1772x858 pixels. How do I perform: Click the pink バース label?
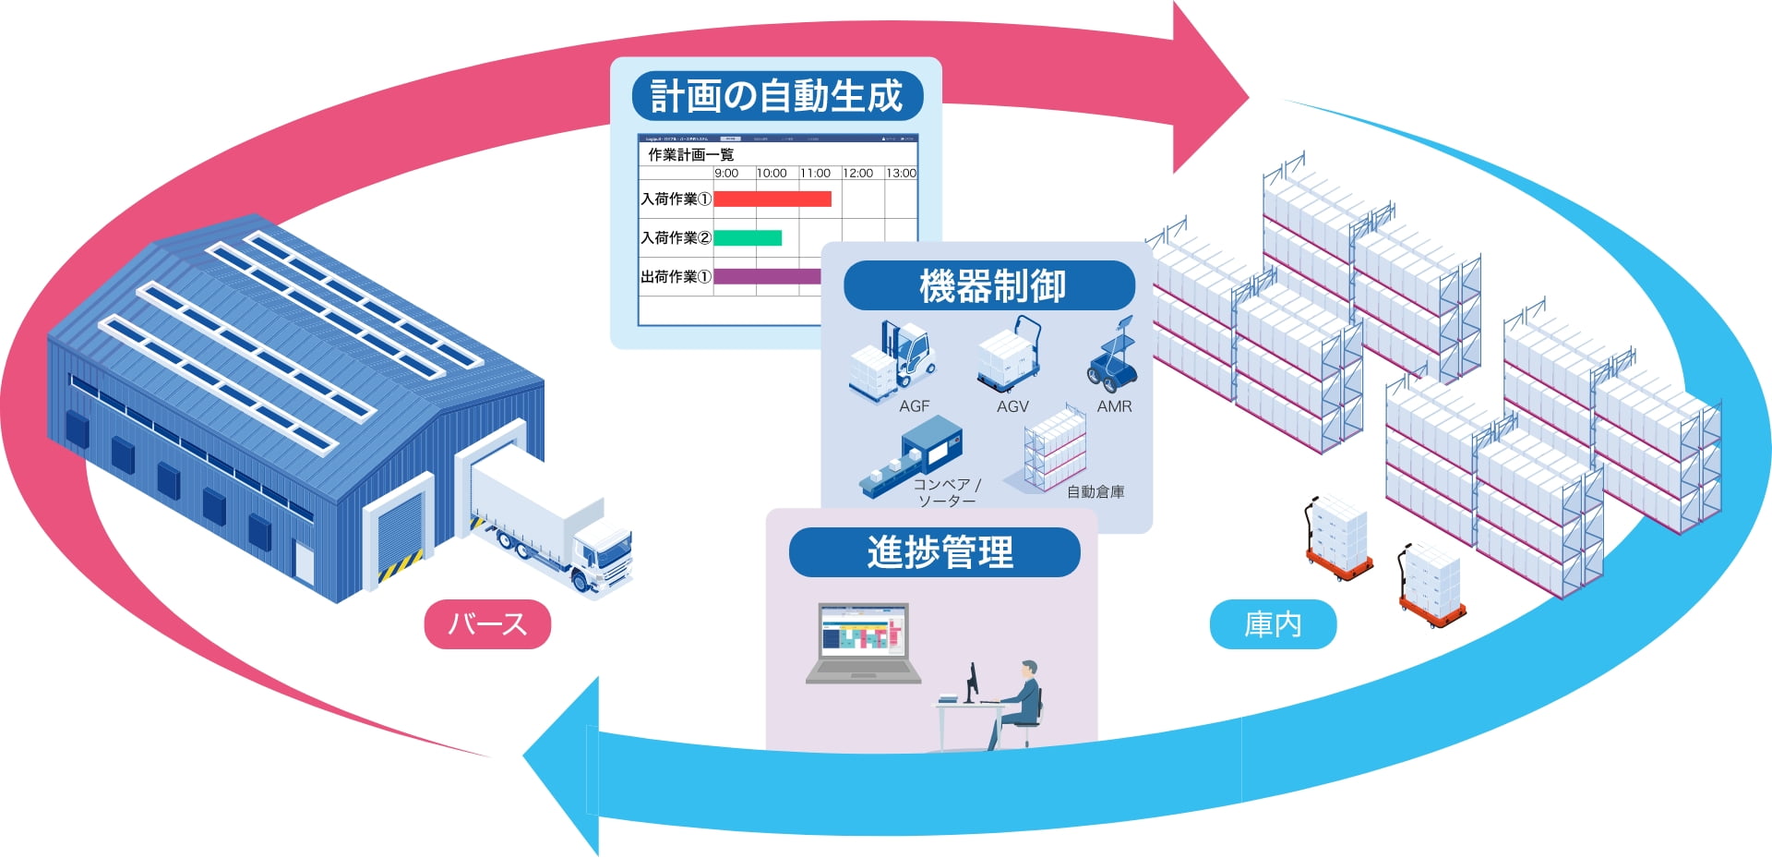(x=487, y=624)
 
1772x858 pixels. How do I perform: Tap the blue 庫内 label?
(x=1273, y=624)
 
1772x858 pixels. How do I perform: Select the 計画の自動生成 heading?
(x=776, y=96)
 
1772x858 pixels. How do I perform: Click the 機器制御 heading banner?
(x=989, y=285)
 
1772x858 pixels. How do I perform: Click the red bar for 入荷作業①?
(x=772, y=199)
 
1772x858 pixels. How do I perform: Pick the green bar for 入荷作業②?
(x=748, y=237)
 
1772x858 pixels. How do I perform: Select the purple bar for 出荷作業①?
(x=767, y=276)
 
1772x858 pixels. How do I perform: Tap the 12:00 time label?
(x=857, y=173)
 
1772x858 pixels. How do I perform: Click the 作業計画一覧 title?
(x=691, y=154)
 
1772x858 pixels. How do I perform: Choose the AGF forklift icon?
(x=892, y=359)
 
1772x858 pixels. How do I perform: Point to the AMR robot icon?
(x=1114, y=355)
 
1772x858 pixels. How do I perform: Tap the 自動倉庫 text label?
(x=1096, y=491)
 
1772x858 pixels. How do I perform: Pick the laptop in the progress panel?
(x=864, y=643)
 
